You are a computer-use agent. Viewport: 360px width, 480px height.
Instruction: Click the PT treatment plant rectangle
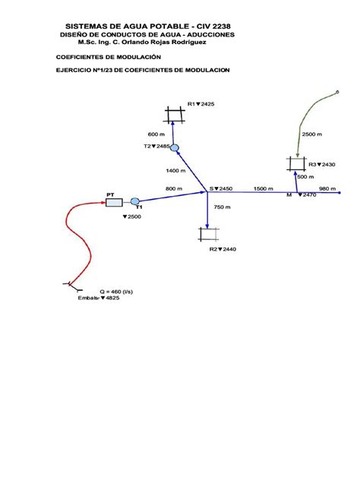[114, 202]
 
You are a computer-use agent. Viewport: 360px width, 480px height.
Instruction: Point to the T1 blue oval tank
[135, 201]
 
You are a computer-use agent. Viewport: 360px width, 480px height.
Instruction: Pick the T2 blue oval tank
[175, 148]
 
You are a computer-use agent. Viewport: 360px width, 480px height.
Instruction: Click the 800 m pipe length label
[174, 188]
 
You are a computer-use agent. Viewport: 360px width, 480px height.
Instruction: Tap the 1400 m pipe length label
[175, 171]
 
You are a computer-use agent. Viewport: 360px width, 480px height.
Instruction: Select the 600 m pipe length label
[156, 134]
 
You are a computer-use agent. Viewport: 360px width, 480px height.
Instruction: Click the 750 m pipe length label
[223, 207]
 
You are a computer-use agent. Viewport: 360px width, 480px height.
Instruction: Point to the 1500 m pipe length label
[264, 188]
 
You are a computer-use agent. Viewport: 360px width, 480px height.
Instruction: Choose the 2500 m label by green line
[312, 134]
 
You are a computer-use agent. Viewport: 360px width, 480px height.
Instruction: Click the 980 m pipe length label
[327, 188]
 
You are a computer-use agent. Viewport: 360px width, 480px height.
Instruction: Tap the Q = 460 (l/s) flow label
[116, 292]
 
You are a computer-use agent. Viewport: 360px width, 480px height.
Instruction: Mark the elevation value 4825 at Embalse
[112, 298]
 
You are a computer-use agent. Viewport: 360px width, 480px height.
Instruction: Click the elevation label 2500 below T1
[132, 216]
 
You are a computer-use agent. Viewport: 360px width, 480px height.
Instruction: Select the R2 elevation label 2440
[229, 249]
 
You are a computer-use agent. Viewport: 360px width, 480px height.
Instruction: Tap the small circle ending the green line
[337, 92]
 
